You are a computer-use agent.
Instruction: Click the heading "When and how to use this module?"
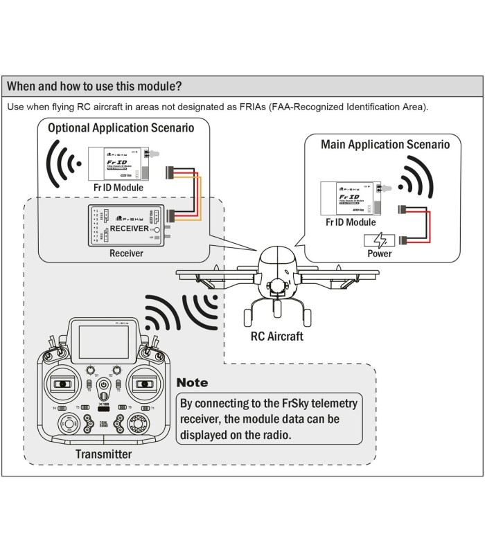pyautogui.click(x=94, y=87)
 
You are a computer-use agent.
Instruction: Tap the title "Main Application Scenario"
pyautogui.click(x=385, y=145)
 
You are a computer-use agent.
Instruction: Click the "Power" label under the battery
pyautogui.click(x=379, y=253)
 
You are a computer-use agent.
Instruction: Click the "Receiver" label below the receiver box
pyautogui.click(x=126, y=253)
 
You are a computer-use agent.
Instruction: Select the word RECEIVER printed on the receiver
pyautogui.click(x=130, y=228)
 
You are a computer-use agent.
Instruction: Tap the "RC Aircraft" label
pyautogui.click(x=277, y=337)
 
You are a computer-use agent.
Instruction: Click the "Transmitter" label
pyautogui.click(x=103, y=454)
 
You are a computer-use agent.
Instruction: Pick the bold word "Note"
pyautogui.click(x=192, y=382)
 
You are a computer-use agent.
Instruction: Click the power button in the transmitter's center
pyautogui.click(x=103, y=385)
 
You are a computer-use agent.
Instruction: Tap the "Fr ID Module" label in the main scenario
pyautogui.click(x=351, y=222)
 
